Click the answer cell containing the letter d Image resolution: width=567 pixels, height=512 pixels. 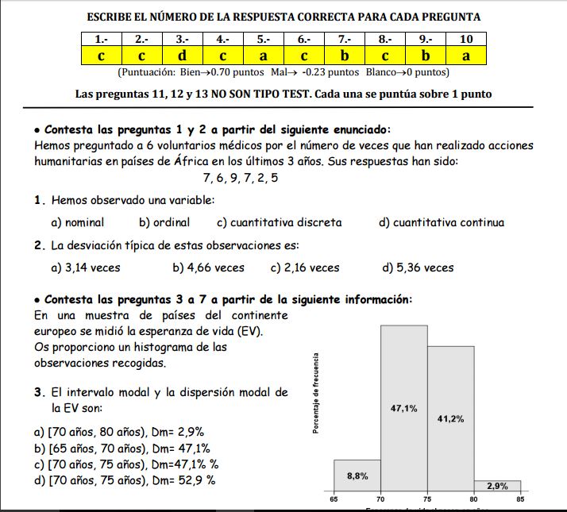point(182,56)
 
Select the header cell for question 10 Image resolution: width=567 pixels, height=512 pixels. point(465,39)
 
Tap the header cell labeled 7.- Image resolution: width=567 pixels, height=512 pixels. point(345,39)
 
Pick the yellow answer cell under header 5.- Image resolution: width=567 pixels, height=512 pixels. point(263,56)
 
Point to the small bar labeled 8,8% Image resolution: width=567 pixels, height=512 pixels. point(357,476)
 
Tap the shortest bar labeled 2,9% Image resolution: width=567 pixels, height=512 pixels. point(497,486)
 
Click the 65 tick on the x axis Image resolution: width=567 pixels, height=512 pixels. point(334,499)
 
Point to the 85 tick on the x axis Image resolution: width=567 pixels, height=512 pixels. point(520,499)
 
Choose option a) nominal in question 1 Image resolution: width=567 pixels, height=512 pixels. point(77,222)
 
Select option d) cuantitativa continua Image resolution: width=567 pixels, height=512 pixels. point(442,222)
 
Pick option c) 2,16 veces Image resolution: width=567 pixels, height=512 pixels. point(305,268)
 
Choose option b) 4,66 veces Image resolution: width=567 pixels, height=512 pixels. point(208,268)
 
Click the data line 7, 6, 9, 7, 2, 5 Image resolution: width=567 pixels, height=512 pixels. point(241,178)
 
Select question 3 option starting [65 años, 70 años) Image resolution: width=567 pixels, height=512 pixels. point(119,448)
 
